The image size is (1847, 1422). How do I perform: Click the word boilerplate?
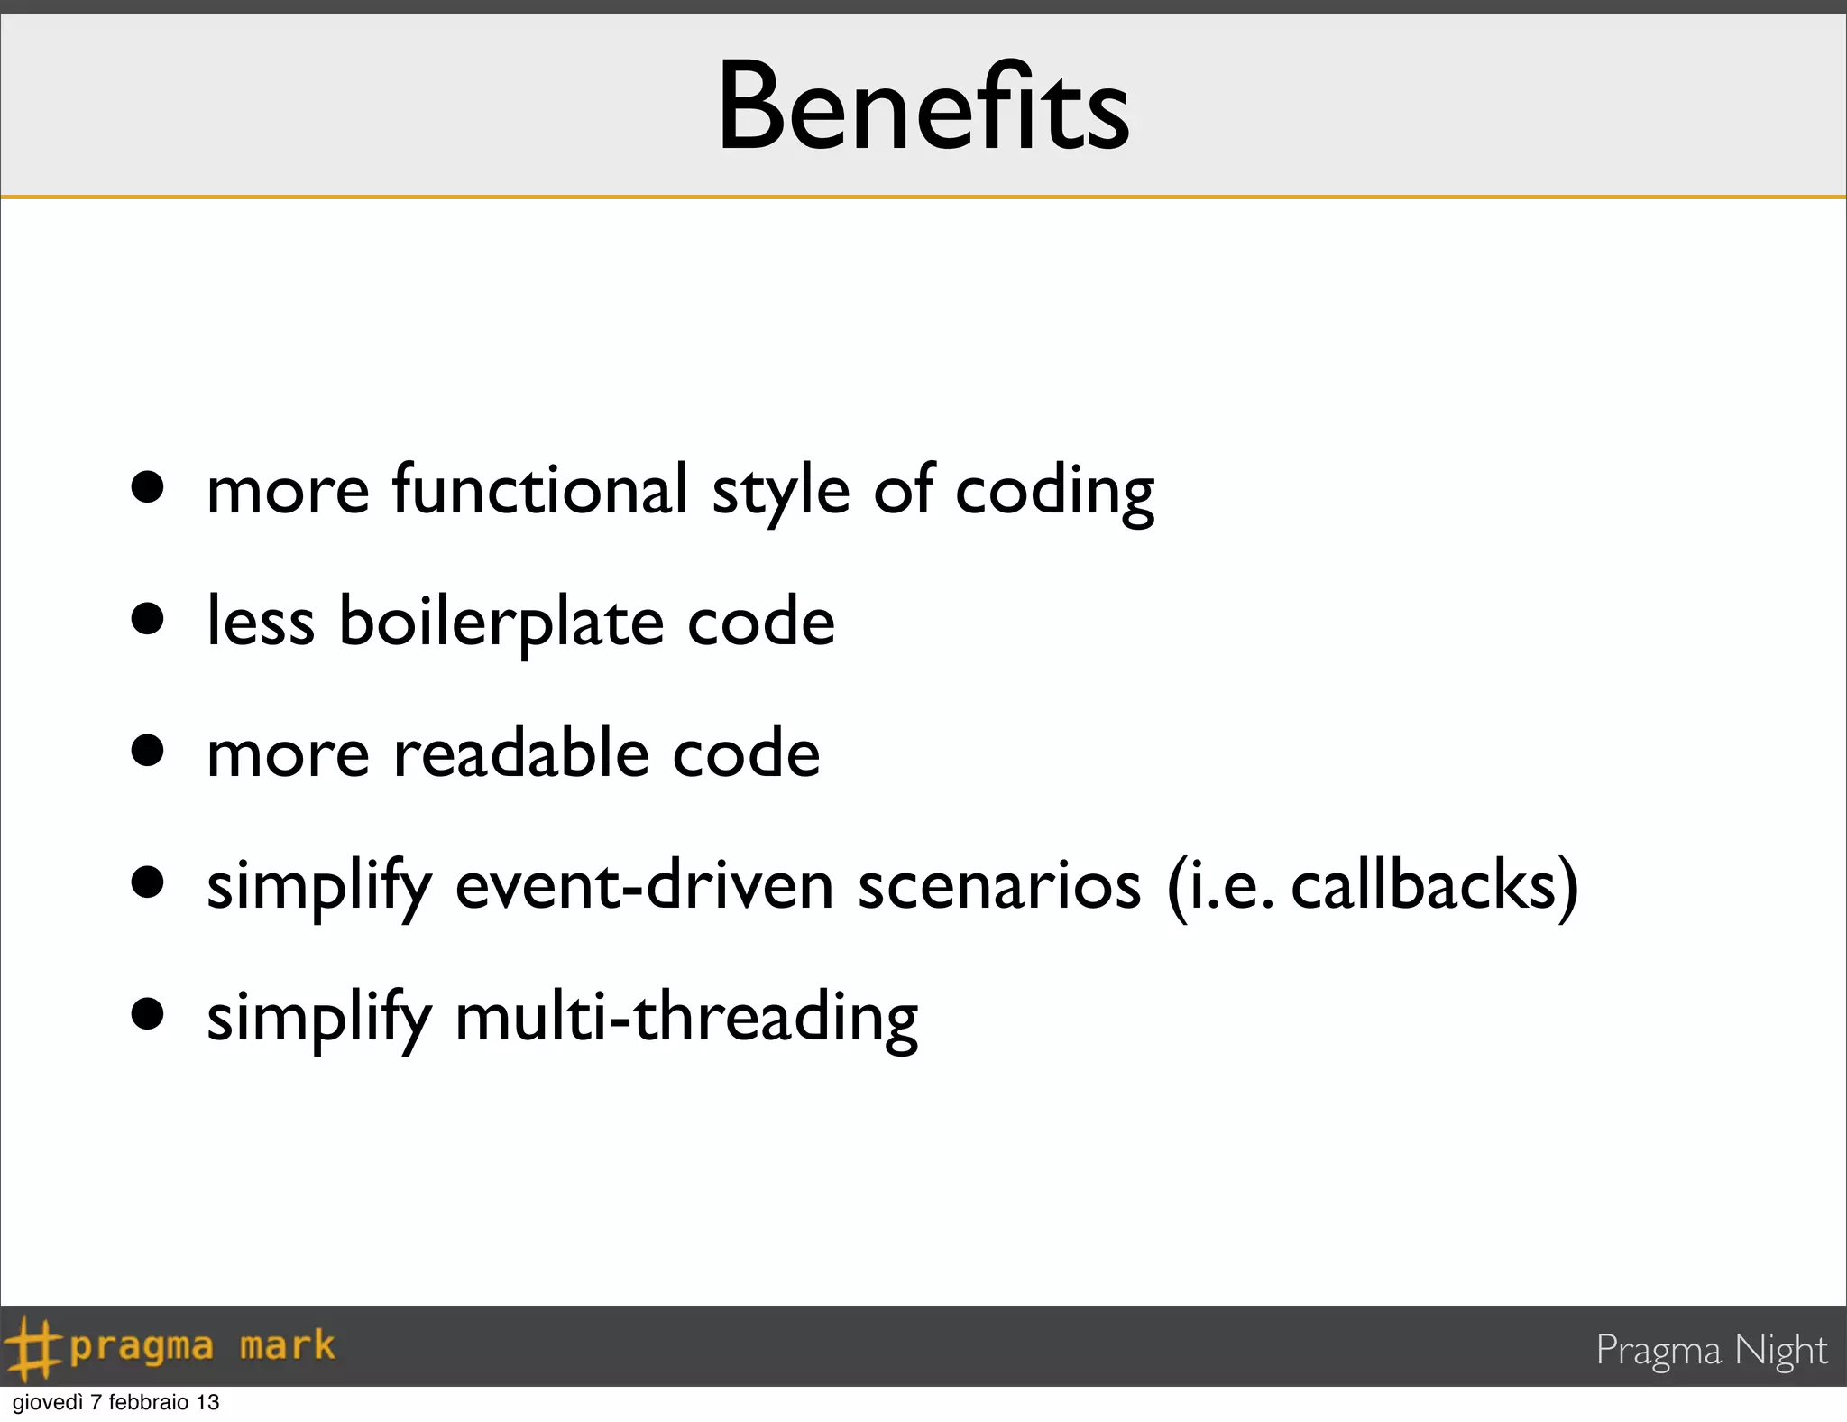(501, 623)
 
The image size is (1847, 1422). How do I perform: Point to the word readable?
(521, 753)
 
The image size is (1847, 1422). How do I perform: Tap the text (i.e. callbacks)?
(1372, 887)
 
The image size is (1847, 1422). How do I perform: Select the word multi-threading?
(685, 1018)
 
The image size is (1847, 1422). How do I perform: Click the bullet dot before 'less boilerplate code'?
(147, 619)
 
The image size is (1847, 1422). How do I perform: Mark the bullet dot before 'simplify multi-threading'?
(147, 1013)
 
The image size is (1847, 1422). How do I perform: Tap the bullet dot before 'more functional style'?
(147, 487)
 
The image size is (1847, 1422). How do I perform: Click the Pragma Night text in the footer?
(1711, 1350)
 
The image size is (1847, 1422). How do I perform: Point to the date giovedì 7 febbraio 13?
(115, 1402)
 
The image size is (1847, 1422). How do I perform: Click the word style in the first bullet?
(780, 492)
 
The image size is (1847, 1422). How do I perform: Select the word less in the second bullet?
(261, 623)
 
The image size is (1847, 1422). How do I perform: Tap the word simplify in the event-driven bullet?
(318, 887)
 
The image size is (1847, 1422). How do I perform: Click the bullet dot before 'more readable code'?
(147, 750)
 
